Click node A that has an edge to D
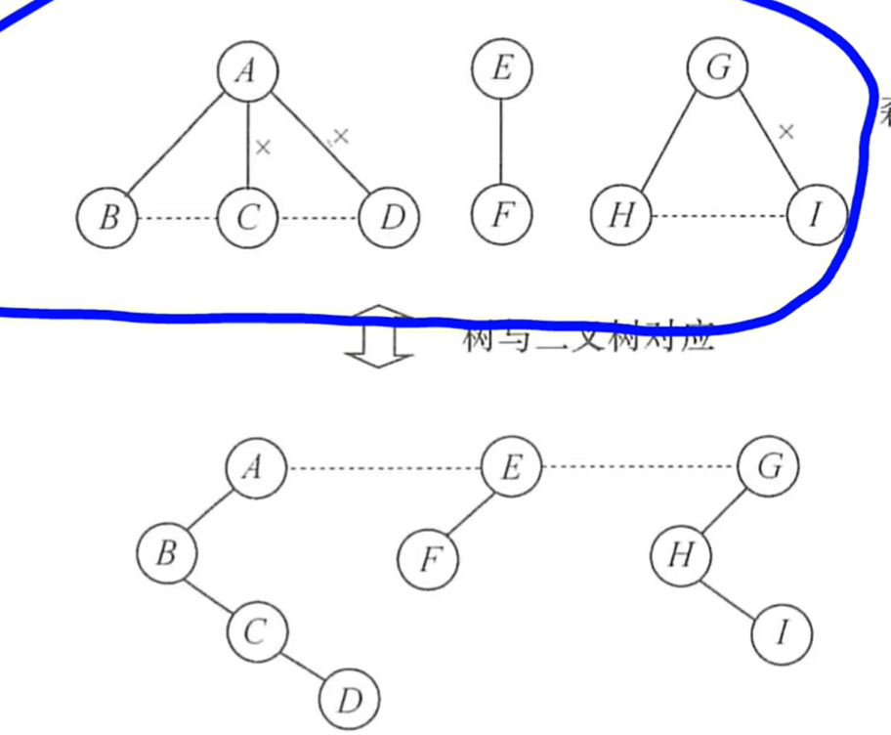point(247,70)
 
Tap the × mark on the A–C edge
point(262,148)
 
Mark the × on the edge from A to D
point(340,136)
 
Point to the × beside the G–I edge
point(785,131)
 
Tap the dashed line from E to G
point(639,468)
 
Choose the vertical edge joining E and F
point(501,142)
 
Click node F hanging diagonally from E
point(428,561)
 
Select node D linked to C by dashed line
point(390,217)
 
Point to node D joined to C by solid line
point(349,700)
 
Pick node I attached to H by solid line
point(782,634)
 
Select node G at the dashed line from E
point(769,468)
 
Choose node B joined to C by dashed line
point(107,217)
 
